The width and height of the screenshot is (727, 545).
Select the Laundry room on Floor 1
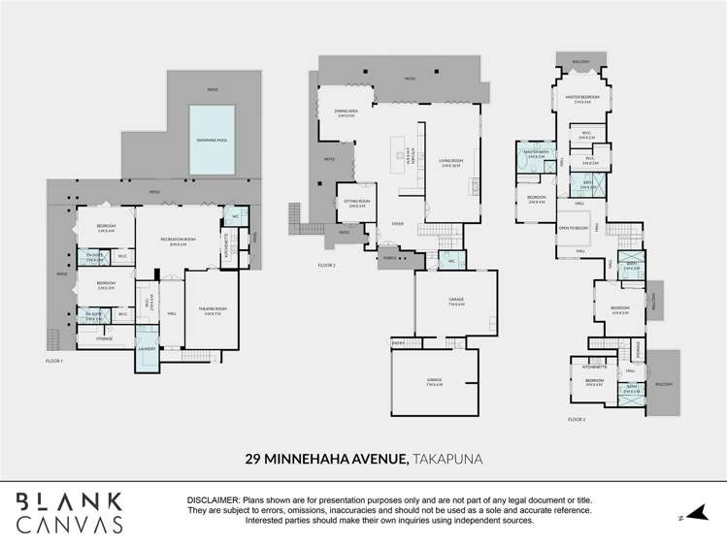[x=148, y=349]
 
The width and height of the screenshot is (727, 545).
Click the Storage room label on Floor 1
[x=104, y=338]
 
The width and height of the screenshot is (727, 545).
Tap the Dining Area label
[x=345, y=112]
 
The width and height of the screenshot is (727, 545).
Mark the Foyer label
[x=398, y=223]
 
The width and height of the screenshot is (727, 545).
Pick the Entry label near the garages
[x=398, y=341]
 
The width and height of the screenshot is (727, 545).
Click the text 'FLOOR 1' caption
[x=54, y=361]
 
